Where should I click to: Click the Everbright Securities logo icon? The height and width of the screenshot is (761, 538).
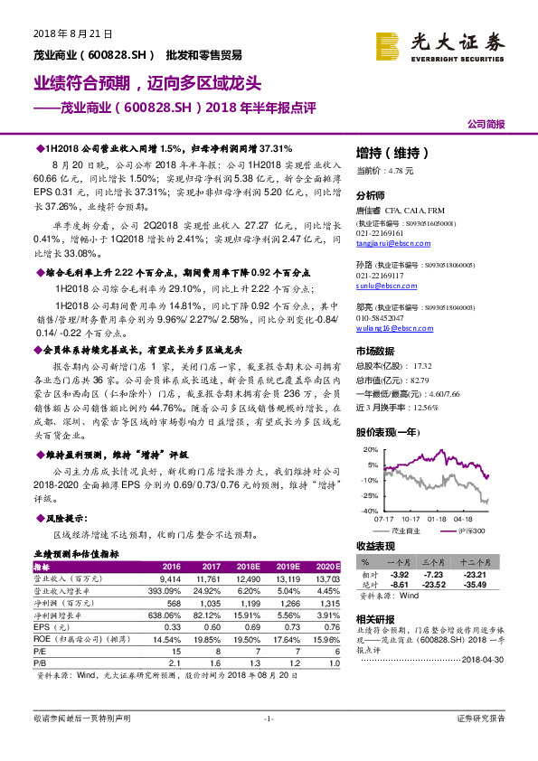(387, 44)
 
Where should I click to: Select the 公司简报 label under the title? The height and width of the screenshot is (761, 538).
(486, 124)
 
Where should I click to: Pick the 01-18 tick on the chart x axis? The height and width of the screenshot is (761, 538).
(438, 519)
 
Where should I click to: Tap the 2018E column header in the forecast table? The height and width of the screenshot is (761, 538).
(236, 566)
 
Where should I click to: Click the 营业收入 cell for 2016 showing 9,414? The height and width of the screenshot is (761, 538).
(171, 578)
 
